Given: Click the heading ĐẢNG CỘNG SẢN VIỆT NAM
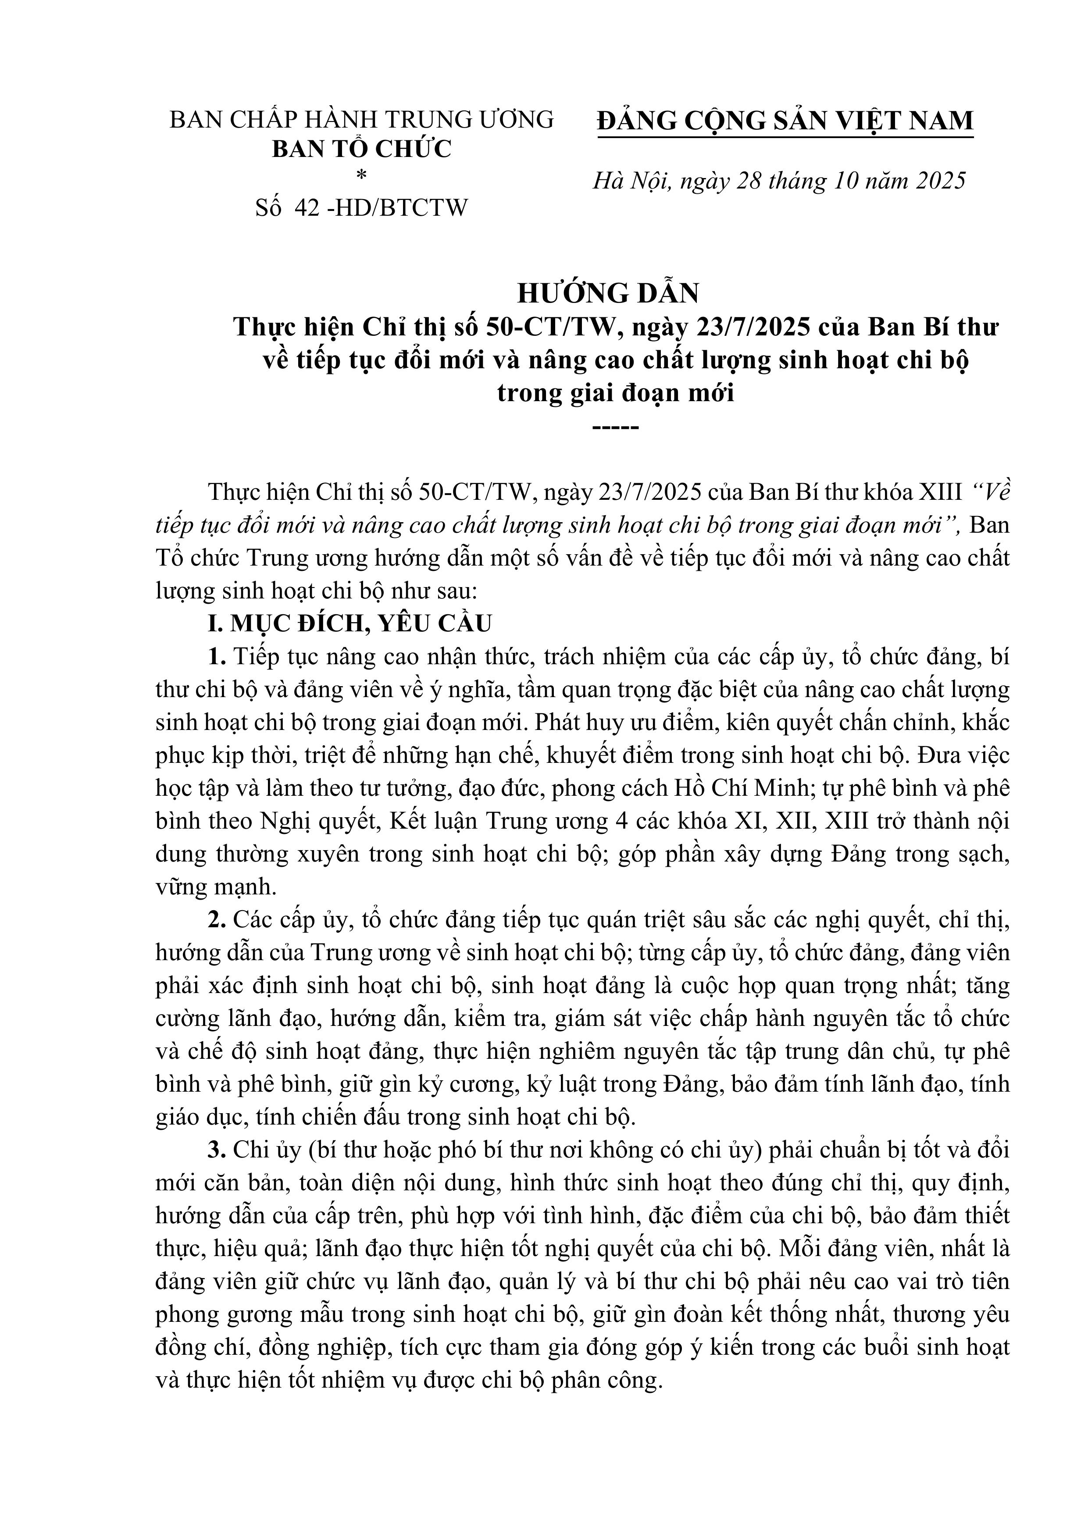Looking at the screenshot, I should coord(785,121).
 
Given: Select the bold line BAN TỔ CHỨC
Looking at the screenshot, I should coord(362,149).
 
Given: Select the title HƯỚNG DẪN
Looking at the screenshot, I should coord(608,293).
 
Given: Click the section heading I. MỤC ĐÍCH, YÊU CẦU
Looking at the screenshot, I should coord(350,623).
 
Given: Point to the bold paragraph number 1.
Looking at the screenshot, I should coord(216,656).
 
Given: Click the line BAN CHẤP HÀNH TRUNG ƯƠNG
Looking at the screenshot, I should coord(362,119).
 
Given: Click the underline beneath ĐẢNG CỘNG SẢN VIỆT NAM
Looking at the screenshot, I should coord(785,138).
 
